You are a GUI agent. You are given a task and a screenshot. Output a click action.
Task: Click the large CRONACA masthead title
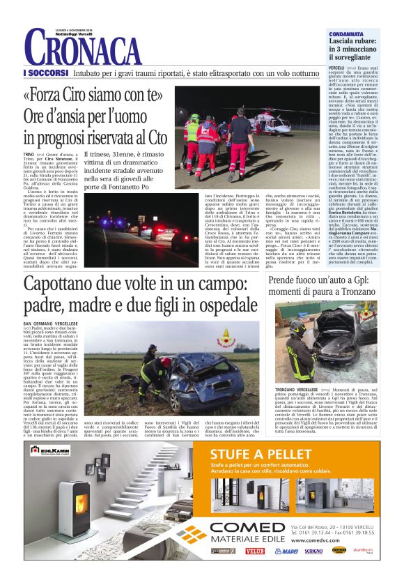pos(82,50)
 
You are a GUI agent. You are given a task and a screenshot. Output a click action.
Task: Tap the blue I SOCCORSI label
pos(45,73)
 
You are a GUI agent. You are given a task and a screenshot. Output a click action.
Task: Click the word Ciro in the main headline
pos(91,94)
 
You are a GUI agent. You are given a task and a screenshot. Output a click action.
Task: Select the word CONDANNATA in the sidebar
pos(345,33)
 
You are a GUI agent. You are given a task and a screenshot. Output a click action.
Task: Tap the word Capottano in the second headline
pos(66,286)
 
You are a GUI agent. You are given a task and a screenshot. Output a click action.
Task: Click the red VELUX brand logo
pos(255,551)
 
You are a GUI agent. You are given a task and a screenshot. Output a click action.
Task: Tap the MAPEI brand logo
pos(286,551)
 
